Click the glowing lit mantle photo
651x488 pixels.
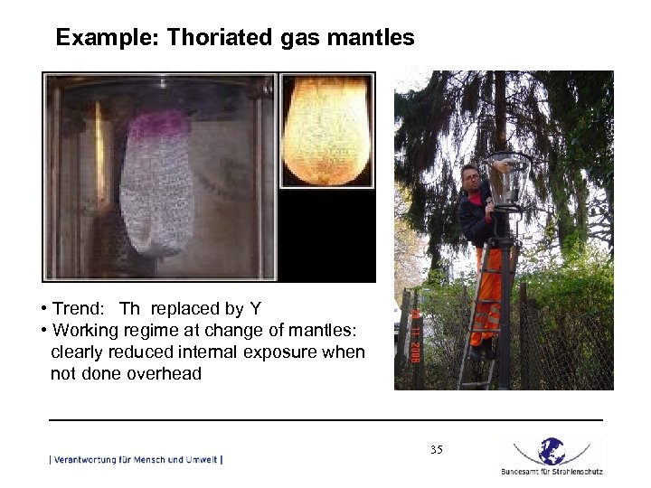point(326,130)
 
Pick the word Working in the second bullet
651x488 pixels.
point(87,330)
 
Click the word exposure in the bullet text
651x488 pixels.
point(274,352)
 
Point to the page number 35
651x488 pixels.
point(437,449)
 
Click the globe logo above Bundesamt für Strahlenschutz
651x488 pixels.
point(552,450)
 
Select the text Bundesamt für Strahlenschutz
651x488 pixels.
point(552,471)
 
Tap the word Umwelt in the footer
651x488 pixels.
point(201,459)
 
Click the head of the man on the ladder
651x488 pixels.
point(469,175)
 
